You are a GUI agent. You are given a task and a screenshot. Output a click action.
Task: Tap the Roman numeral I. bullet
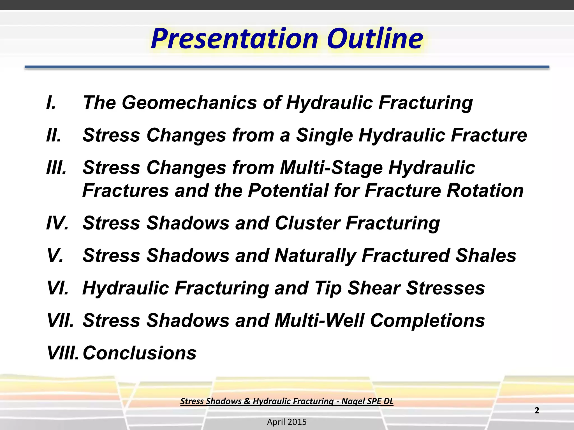tap(51, 102)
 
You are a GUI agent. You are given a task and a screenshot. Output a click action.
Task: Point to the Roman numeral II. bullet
tap(54, 135)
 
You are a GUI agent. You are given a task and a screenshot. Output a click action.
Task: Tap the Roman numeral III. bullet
tap(56, 167)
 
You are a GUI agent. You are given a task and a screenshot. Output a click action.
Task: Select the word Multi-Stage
tap(331, 167)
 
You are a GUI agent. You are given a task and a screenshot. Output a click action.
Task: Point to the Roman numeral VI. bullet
tap(58, 288)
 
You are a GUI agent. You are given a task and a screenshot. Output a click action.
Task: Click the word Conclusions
tap(140, 353)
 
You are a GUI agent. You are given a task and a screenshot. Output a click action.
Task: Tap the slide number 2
tap(537, 410)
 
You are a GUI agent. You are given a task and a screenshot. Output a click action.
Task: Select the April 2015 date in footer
tap(287, 422)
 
